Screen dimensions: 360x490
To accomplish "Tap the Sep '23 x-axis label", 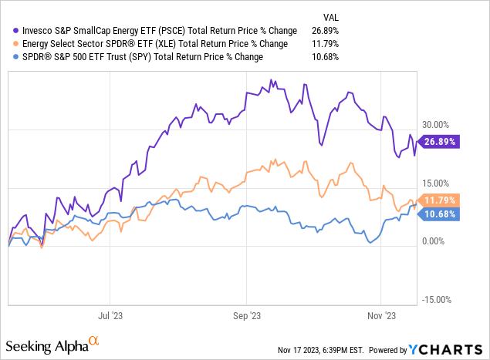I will click(245, 315).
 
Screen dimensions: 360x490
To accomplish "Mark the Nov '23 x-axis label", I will click(381, 315).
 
